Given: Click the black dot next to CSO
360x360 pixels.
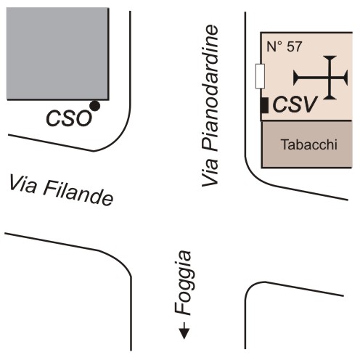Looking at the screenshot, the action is (x=94, y=106).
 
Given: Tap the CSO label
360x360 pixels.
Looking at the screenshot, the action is (x=69, y=118).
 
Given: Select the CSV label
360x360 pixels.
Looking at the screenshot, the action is (x=295, y=105).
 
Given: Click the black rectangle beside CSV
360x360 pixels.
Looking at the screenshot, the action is (x=264, y=105).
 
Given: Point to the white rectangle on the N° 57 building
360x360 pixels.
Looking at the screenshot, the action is (x=260, y=76).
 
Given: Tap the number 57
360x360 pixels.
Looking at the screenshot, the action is (x=295, y=46).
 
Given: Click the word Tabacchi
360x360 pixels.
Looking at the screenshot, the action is (x=309, y=144).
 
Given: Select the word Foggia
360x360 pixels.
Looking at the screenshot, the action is (x=183, y=282).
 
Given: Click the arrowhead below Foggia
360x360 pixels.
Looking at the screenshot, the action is (x=184, y=333).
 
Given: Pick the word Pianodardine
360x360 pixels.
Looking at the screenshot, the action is (x=210, y=88).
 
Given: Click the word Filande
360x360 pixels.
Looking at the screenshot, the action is (x=78, y=195).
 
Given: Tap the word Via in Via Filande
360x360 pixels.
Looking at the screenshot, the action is (x=23, y=184).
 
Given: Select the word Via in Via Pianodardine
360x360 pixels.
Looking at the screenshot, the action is (x=210, y=171).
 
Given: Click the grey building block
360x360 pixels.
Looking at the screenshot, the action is (x=57, y=54).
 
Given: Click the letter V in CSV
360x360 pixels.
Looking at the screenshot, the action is (x=310, y=105).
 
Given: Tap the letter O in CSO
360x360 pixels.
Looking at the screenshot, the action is (x=83, y=118).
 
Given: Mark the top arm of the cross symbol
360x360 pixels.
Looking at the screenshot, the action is (x=330, y=67).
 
